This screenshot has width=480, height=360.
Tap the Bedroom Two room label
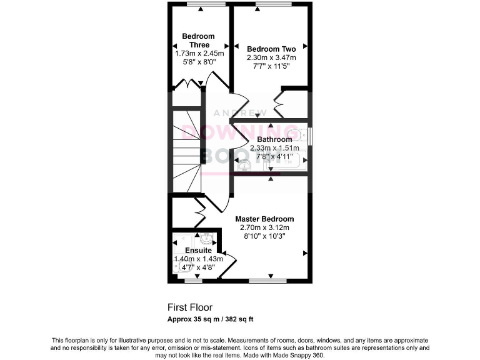click(x=271, y=49)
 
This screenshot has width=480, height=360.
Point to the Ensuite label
click(x=197, y=250)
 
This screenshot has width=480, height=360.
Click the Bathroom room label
click(x=274, y=139)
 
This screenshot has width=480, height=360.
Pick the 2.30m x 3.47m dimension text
click(x=271, y=57)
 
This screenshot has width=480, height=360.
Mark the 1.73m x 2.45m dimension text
click(x=198, y=54)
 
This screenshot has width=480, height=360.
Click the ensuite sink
click(x=207, y=239)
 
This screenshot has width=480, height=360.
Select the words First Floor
click(x=190, y=307)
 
